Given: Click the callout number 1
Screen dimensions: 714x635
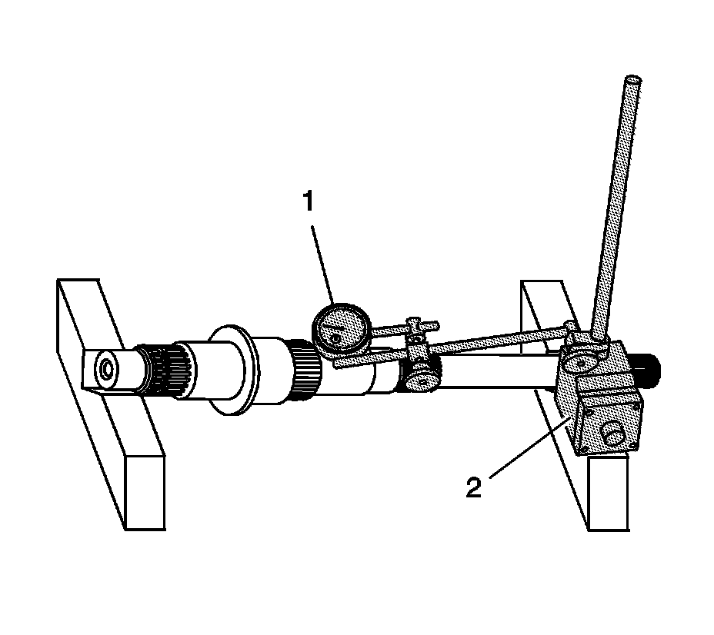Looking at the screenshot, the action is click(x=308, y=202).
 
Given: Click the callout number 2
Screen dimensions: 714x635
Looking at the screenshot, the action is click(x=474, y=488).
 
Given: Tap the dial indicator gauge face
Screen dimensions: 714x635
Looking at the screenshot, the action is click(x=339, y=329).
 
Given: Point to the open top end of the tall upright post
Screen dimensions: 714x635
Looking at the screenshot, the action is click(x=632, y=78).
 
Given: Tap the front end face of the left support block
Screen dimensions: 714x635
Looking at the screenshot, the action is click(x=145, y=491).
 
